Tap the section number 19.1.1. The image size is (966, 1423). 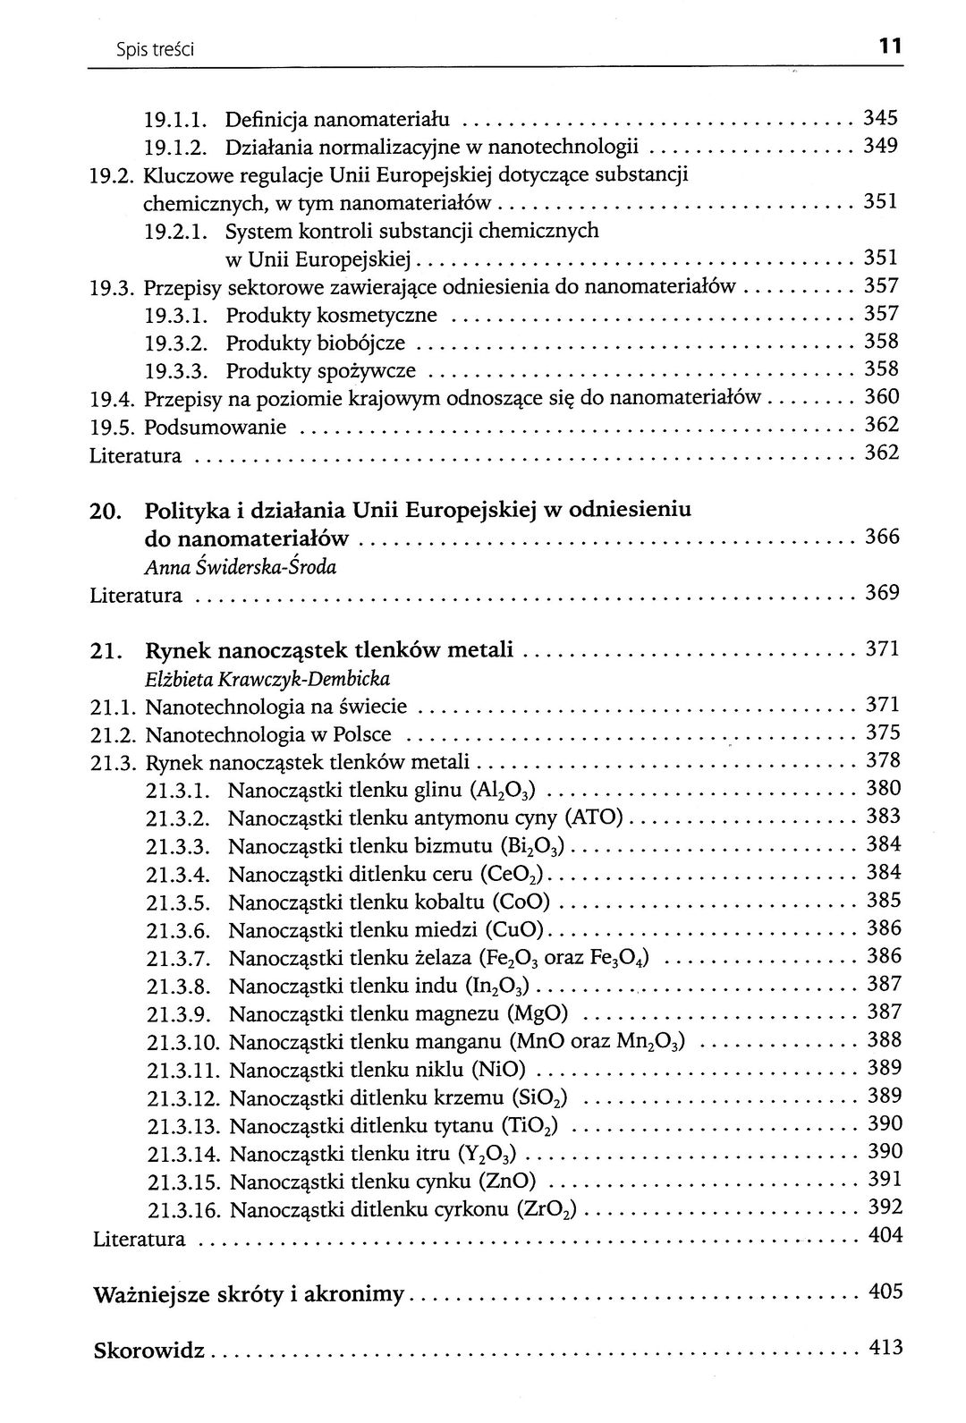tap(176, 119)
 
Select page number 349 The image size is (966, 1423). tap(880, 146)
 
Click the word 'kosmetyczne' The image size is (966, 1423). tap(386, 315)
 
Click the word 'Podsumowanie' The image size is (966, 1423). tap(216, 427)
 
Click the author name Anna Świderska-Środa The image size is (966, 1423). tap(240, 567)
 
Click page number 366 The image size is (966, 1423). tap(881, 538)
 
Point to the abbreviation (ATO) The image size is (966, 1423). tap(597, 818)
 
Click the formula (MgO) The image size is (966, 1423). tap(538, 1014)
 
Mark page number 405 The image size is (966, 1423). tap(885, 1292)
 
